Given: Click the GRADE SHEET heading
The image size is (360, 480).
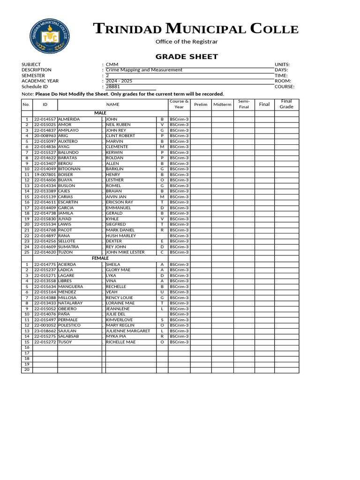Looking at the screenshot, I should [187, 57].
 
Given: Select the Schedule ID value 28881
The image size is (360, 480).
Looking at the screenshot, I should [113, 87].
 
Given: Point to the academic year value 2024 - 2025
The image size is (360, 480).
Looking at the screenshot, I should [119, 81].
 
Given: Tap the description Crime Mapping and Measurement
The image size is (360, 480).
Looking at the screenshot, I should [144, 70].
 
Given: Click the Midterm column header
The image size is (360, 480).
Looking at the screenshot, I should [222, 105].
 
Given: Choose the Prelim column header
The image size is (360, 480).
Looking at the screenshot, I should [201, 105].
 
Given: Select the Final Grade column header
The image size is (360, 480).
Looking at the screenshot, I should [286, 104].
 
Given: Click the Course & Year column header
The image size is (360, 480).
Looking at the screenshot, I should [179, 104].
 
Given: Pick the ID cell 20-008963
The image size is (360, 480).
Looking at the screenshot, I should [45, 136].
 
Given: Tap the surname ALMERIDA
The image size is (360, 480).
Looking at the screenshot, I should [69, 120].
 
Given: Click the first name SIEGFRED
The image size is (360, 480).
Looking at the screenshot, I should [116, 225].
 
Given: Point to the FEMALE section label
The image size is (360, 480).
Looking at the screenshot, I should [100, 258].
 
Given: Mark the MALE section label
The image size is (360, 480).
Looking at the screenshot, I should [100, 113].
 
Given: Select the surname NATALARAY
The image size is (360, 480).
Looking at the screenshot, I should [70, 303].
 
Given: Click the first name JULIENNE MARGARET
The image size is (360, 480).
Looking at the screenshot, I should [128, 331].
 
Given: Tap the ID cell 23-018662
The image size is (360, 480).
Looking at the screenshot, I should [45, 331].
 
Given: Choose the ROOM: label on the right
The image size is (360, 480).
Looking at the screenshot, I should [283, 81].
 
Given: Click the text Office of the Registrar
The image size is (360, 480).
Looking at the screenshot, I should [187, 42].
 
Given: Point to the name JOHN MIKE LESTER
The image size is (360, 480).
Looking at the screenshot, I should [125, 252].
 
